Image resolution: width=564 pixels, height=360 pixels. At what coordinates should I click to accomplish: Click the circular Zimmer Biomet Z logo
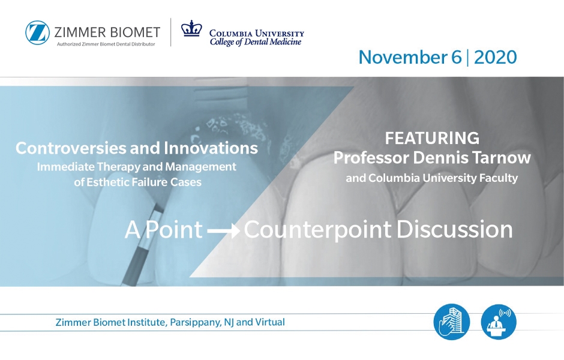[37, 33]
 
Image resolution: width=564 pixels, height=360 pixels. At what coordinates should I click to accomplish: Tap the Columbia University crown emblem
[191, 28]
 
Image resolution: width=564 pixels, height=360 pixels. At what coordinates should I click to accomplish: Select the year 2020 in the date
[495, 57]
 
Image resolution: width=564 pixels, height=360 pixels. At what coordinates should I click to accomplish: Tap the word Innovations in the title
[211, 148]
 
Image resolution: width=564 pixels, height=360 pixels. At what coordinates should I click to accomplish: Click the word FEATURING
[432, 138]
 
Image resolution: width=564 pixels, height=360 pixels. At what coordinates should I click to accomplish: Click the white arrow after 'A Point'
[223, 230]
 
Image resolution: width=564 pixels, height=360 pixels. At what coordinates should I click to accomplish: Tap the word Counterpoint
[317, 229]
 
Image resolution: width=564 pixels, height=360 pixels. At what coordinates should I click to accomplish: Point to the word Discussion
[455, 229]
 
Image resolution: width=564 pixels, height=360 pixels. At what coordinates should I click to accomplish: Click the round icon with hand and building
[451, 322]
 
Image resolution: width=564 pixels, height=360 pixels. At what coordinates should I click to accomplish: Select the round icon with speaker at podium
[499, 322]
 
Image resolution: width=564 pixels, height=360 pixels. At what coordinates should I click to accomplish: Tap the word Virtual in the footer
[270, 322]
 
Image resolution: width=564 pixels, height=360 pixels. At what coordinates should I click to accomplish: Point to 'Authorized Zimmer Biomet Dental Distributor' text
[106, 44]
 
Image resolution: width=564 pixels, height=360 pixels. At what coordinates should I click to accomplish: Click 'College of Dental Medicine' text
[256, 42]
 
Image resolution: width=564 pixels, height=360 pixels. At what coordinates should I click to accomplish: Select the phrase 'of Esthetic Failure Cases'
[138, 182]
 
